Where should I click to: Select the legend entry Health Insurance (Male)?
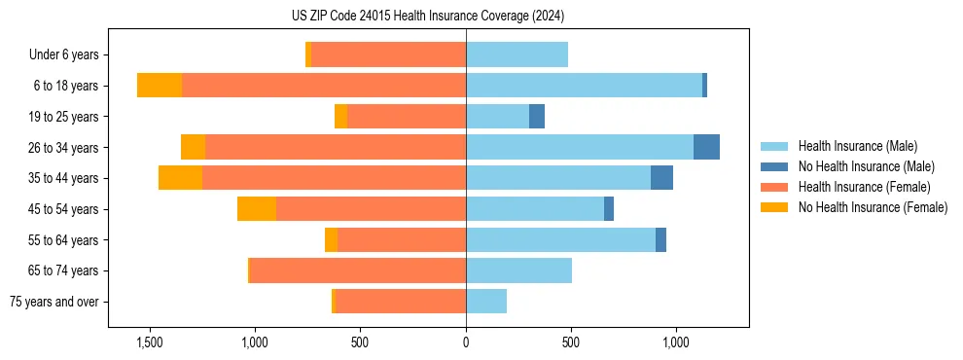[857, 146]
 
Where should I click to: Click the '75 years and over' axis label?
[53, 302]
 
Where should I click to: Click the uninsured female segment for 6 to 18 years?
[160, 86]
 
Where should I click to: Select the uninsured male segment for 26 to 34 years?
[706, 147]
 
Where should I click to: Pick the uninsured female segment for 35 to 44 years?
[180, 178]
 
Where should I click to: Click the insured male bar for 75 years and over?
[486, 302]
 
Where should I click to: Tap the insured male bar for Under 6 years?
[517, 54]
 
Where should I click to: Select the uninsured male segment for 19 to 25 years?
[537, 117]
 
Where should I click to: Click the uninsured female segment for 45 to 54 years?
[257, 209]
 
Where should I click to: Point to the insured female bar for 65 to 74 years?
[358, 270]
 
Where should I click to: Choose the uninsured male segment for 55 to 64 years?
[660, 239]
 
